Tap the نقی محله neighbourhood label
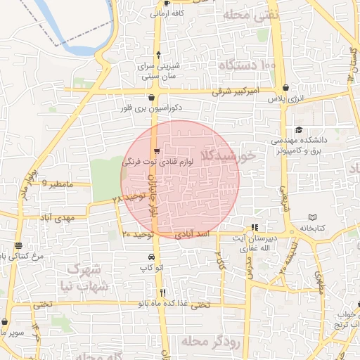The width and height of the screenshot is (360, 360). pos(251,14)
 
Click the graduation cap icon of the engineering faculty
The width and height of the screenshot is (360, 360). pos(299,130)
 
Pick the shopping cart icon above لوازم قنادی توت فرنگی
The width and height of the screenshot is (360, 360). pos(157,150)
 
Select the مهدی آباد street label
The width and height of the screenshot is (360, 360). pos(57,219)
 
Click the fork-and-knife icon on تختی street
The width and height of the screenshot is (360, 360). pos(162,292)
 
